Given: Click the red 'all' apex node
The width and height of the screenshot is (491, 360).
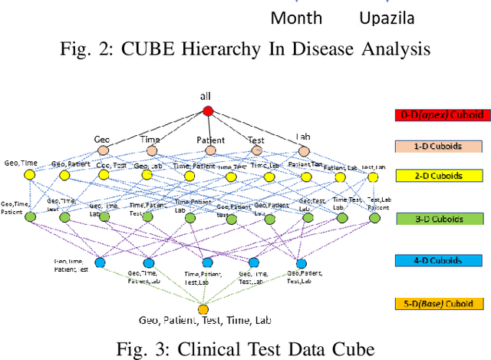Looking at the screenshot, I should (x=207, y=111).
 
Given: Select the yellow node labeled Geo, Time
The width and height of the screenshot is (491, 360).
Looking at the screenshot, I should (x=31, y=177).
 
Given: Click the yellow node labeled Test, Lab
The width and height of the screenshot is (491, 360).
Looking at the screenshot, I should (x=373, y=177).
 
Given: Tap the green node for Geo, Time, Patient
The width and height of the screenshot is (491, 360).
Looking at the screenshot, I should (x=31, y=218).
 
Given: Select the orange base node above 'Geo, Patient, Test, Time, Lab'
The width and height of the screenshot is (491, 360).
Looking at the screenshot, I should (x=203, y=310).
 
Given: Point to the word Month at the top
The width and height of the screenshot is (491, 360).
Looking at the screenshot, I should (x=298, y=17).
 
